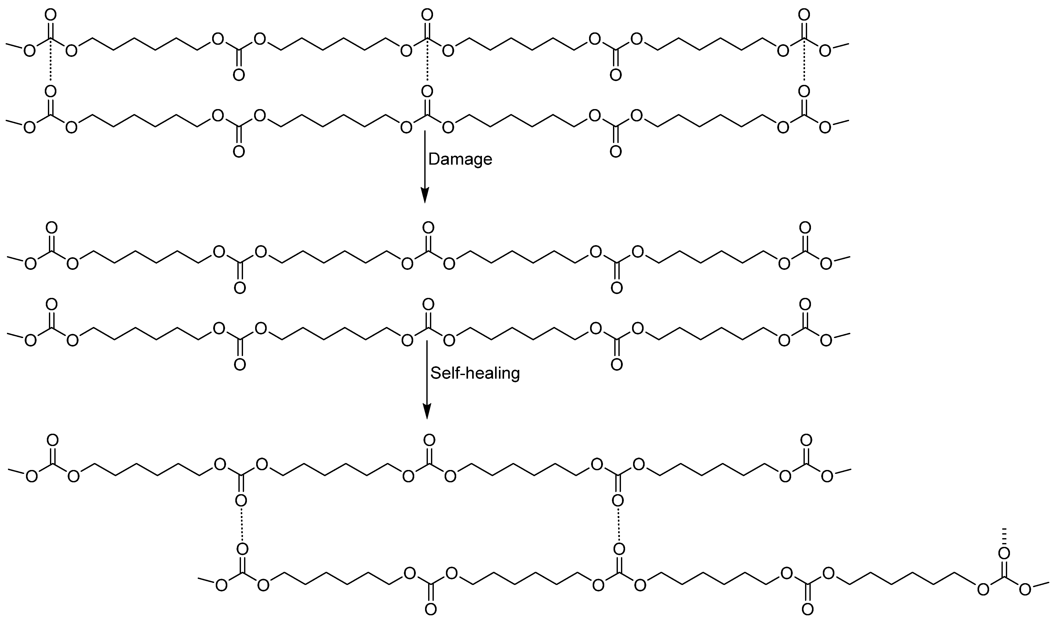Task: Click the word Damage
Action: [460, 160]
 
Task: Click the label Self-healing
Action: [475, 373]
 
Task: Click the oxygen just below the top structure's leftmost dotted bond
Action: [50, 91]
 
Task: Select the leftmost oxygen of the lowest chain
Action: [221, 585]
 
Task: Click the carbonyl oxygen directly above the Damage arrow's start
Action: [427, 91]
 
